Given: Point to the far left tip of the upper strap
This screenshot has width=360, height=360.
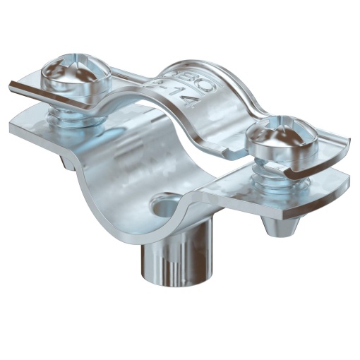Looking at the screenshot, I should tap(11, 86).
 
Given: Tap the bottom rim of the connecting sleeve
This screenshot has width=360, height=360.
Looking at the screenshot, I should tap(162, 288).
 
